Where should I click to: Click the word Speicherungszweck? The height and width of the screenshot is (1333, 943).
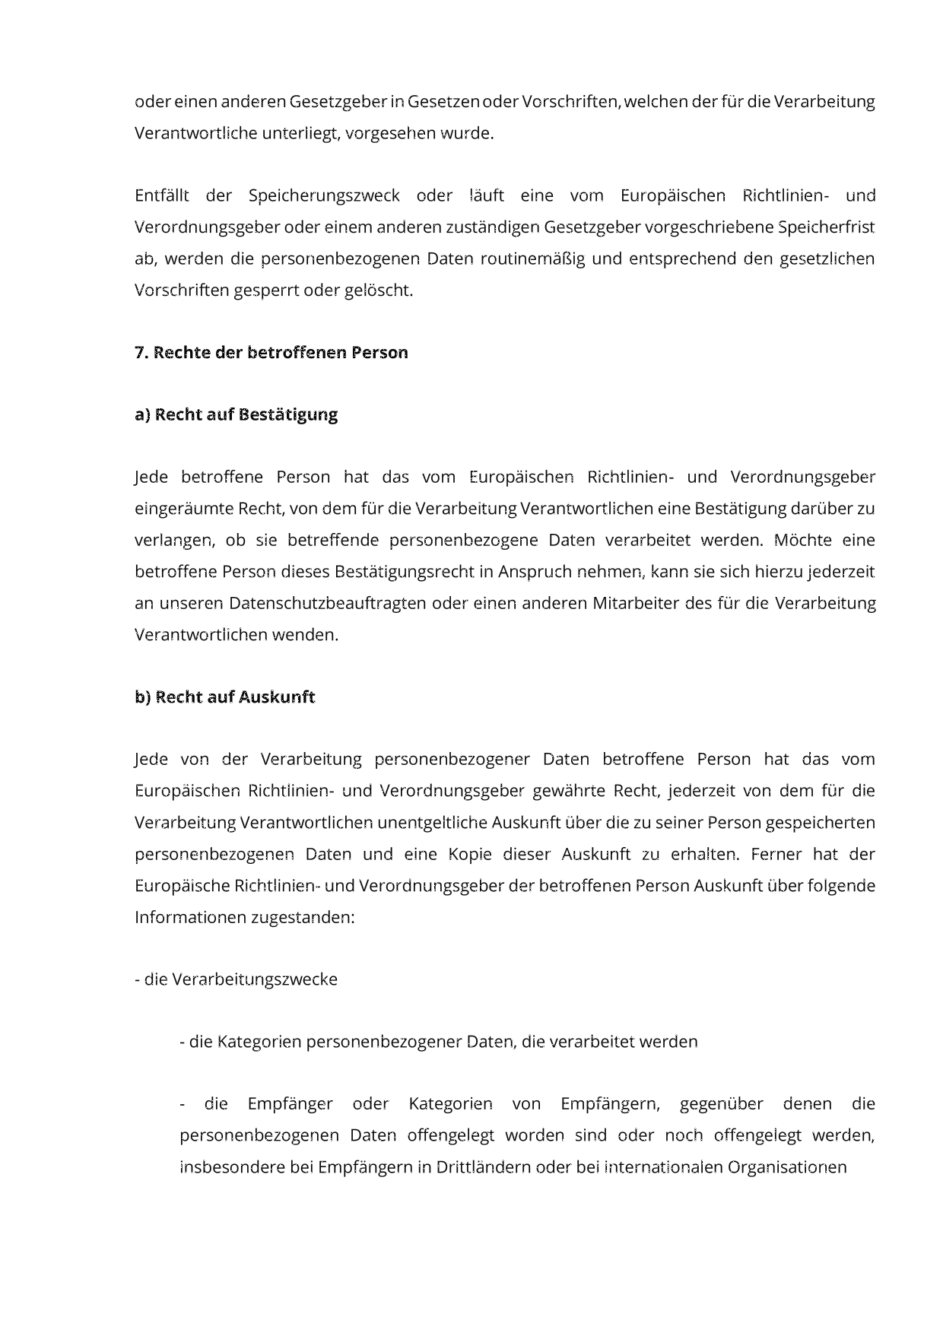[x=324, y=196]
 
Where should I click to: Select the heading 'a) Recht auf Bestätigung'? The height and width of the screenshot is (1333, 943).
[x=236, y=415]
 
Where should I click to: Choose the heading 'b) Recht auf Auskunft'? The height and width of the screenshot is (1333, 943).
[x=224, y=697]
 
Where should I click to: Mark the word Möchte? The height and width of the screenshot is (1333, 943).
[x=801, y=541]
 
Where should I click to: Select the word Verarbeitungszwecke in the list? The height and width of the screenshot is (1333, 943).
[x=254, y=979]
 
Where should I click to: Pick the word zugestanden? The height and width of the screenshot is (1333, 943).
[x=303, y=917]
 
